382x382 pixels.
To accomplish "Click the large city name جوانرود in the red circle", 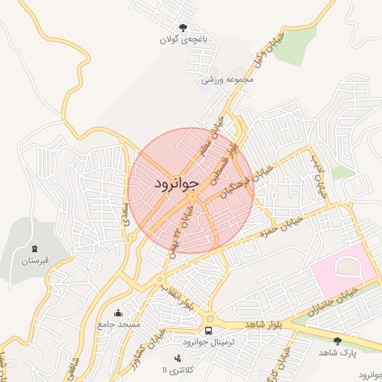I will point(177,183).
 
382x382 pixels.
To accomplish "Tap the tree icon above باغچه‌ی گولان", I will point(183,28).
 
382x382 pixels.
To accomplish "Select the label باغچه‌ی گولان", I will point(182,40).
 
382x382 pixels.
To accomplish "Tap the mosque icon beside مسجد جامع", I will point(118,313).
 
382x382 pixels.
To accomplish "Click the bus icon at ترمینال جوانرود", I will point(208,330).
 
